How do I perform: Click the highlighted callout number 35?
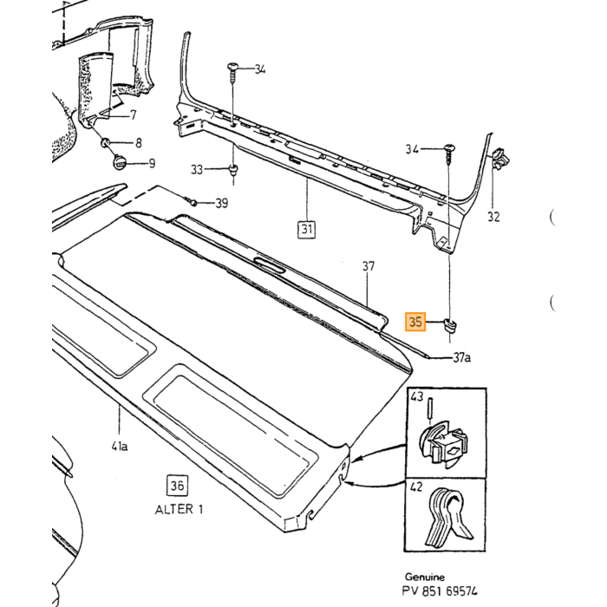415,322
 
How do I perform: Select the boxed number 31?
307,229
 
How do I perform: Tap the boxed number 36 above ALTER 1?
177,485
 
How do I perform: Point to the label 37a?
462,357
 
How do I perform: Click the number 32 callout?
493,217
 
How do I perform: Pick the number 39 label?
221,203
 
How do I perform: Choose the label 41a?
120,447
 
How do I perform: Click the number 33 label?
197,169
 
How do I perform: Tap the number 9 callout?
152,163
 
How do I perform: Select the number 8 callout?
139,143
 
